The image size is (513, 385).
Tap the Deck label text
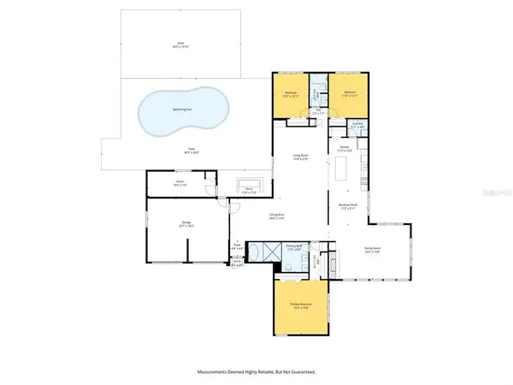click(180, 43)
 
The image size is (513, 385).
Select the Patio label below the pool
click(180, 148)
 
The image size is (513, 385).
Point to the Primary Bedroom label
click(300, 308)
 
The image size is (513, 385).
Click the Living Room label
click(301, 156)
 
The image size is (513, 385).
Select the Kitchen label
click(345, 149)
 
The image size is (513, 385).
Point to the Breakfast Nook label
click(349, 208)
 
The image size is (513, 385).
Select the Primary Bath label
click(293, 246)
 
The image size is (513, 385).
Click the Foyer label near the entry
click(239, 246)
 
